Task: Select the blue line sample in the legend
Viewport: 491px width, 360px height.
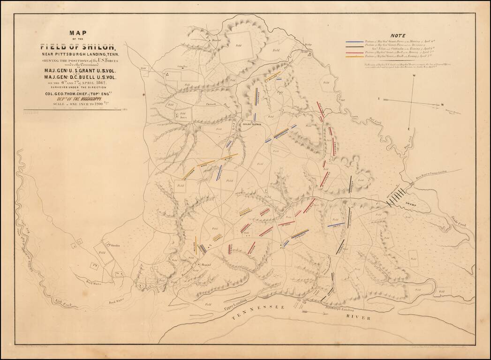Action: pos(355,41)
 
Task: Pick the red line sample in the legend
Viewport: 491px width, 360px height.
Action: pos(355,52)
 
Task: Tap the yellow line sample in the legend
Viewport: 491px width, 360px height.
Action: pos(355,57)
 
